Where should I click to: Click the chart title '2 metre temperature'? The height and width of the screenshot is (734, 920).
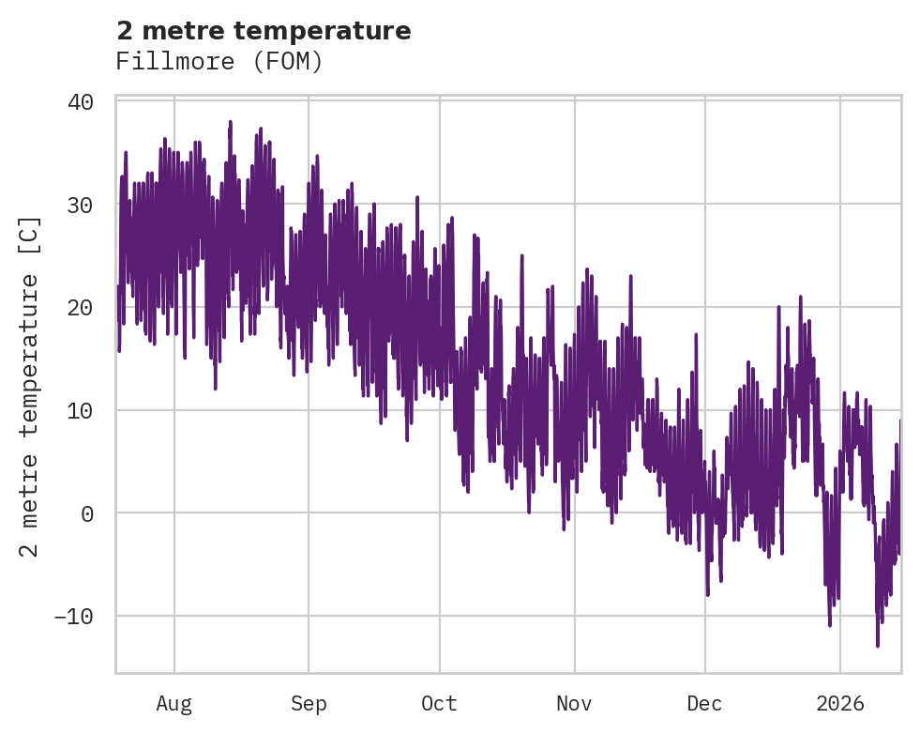(x=264, y=31)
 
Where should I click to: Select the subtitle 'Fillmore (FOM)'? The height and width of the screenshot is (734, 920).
(x=219, y=62)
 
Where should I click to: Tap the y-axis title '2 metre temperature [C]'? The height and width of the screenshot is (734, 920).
(x=30, y=387)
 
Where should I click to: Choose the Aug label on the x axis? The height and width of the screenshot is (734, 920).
(x=173, y=704)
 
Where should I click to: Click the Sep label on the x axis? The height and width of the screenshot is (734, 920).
(x=308, y=704)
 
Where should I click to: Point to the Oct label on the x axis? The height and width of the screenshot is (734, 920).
(x=439, y=704)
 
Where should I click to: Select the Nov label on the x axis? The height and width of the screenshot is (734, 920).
(x=574, y=704)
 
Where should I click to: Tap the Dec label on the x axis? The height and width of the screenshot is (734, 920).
(x=704, y=704)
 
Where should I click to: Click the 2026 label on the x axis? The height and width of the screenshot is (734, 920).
(x=840, y=704)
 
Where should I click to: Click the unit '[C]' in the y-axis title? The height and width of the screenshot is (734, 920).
(x=30, y=236)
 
